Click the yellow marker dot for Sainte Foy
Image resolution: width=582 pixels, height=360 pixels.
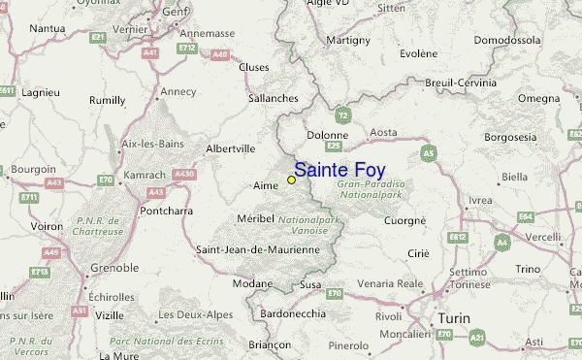pos(291,180)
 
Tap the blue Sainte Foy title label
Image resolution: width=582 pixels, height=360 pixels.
pos(339,170)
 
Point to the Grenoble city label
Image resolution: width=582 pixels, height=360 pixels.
pos(112,267)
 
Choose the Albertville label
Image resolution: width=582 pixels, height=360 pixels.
pos(231,148)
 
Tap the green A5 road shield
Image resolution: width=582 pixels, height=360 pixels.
pos(428,153)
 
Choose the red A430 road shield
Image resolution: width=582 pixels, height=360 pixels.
pos(183,175)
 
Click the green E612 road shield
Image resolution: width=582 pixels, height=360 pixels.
pos(459,236)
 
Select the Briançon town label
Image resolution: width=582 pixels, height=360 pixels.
pos(270,344)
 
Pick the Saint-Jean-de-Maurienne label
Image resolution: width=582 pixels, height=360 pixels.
pos(258,250)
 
